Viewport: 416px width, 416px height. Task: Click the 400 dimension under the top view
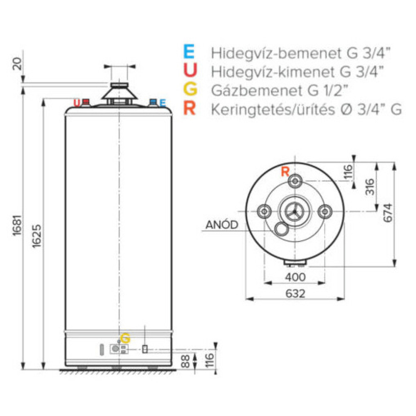click(295, 277)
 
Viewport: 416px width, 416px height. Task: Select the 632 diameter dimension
click(295, 293)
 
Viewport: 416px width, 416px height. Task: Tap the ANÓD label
click(222, 225)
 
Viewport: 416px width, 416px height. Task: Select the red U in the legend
click(189, 71)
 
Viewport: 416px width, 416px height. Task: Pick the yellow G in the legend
click(189, 90)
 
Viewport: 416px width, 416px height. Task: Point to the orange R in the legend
click(189, 109)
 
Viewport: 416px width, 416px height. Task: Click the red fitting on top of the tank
click(86, 102)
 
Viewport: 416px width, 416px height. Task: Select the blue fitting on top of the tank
click(153, 102)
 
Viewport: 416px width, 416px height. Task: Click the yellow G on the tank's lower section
click(125, 338)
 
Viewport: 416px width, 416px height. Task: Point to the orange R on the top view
click(285, 171)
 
